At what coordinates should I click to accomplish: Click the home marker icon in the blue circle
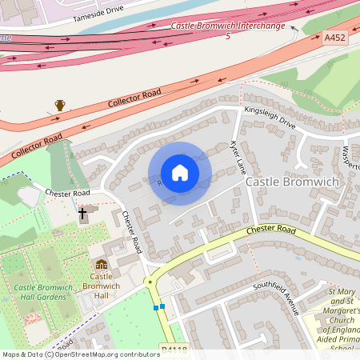[x=179, y=174]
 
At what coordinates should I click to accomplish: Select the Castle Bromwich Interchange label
[x=228, y=26]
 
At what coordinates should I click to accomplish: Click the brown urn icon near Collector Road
[x=60, y=105]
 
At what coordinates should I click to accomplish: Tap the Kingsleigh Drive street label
[x=270, y=118]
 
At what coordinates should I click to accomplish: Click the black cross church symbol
[x=82, y=214]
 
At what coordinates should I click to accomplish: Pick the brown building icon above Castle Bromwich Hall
[x=102, y=265]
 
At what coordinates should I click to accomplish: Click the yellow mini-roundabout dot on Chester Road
[x=149, y=282]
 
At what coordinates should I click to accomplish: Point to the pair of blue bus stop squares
[x=158, y=306]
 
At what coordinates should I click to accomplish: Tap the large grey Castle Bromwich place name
[x=292, y=182]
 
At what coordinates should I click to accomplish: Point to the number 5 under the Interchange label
[x=228, y=37]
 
